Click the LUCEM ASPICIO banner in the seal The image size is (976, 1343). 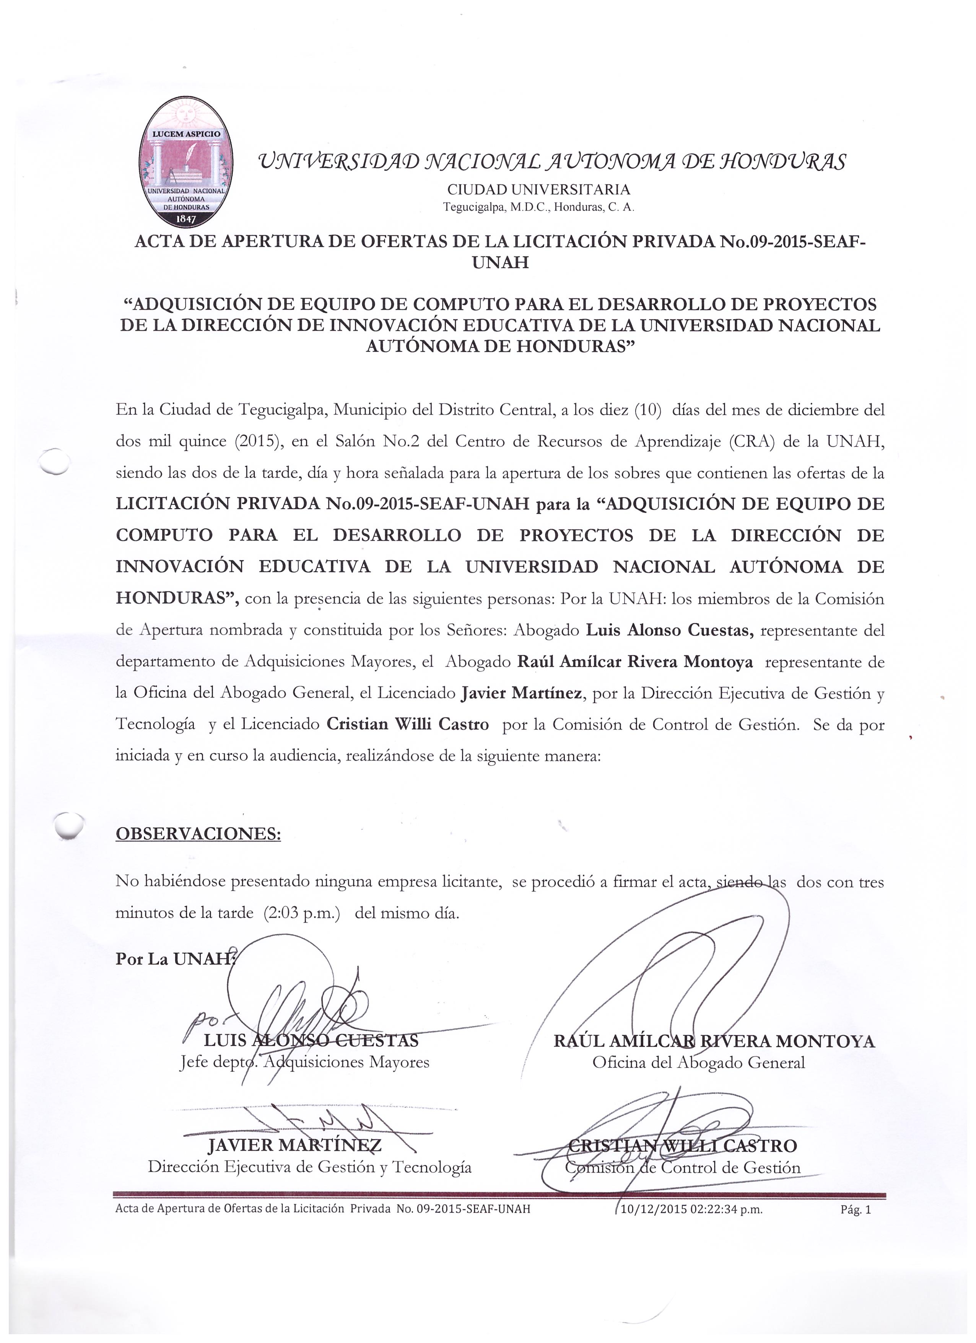(186, 134)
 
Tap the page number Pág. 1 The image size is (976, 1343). (855, 1210)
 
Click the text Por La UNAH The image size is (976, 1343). (173, 959)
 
